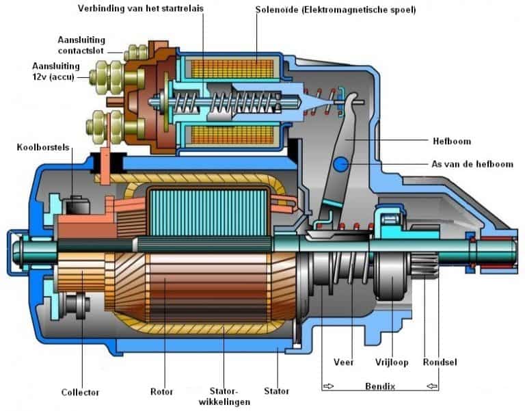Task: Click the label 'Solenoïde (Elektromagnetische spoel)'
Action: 336,10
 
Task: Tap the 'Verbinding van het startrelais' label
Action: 141,8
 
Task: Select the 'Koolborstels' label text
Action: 43,148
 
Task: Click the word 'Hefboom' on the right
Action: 452,141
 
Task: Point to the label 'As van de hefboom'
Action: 472,164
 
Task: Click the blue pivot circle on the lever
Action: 341,164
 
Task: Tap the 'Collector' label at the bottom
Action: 80,393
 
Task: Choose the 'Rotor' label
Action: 162,392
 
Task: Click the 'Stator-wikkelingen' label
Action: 224,397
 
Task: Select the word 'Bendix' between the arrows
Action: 380,386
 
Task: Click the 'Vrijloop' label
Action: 392,362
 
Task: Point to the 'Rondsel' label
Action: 440,362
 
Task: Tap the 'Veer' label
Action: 344,362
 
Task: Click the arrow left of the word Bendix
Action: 329,386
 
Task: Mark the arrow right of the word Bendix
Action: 432,386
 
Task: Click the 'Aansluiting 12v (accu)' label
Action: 56,71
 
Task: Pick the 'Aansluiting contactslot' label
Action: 81,45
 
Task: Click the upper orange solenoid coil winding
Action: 232,69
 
